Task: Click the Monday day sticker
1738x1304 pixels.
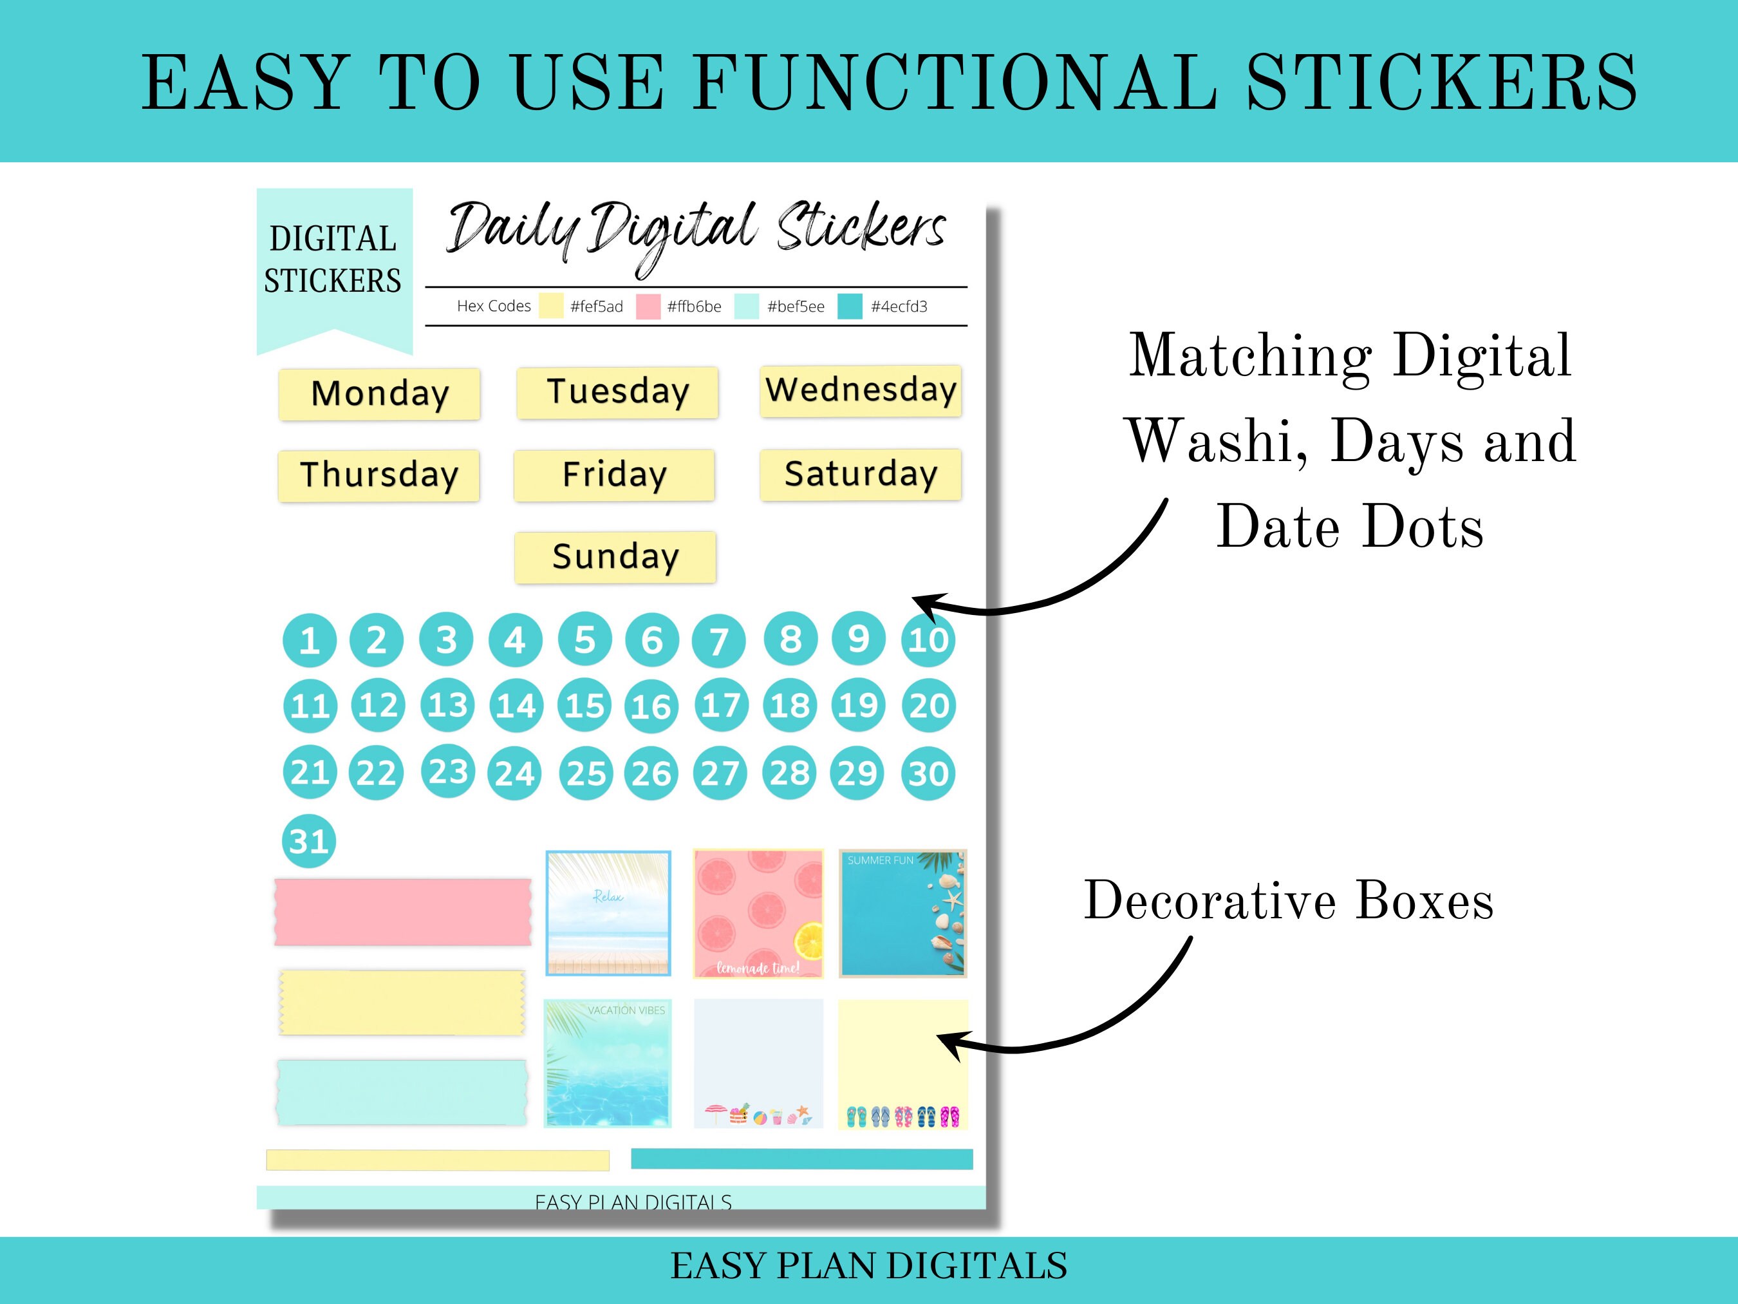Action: point(380,394)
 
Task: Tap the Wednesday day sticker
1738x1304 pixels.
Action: point(861,391)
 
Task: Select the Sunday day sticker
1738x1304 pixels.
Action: point(615,557)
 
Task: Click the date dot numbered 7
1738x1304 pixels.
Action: point(718,641)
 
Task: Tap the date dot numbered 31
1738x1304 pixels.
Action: point(309,841)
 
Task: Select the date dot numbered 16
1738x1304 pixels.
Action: point(651,706)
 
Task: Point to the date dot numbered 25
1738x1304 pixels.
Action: point(585,773)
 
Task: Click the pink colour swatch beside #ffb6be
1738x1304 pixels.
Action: point(648,307)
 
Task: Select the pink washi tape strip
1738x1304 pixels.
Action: point(403,912)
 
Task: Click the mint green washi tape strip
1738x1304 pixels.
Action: point(402,1093)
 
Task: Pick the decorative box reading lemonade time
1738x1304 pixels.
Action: point(758,913)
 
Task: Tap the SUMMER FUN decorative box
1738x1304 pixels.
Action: point(902,913)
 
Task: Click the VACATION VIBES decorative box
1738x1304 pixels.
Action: point(608,1063)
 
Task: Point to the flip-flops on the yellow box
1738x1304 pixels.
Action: point(902,1116)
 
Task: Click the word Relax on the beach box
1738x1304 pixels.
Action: point(608,896)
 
